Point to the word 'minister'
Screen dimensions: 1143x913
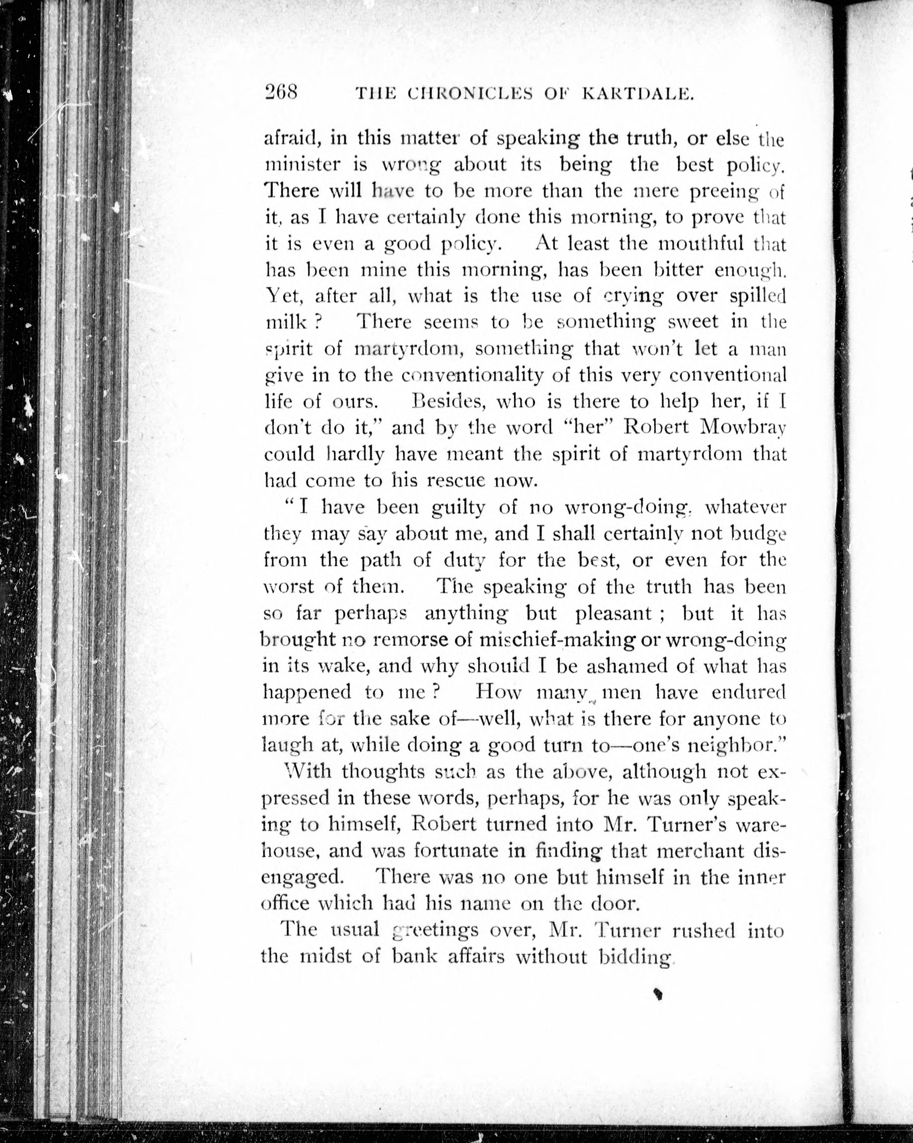tap(302, 165)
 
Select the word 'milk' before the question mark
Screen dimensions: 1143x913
tap(287, 322)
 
